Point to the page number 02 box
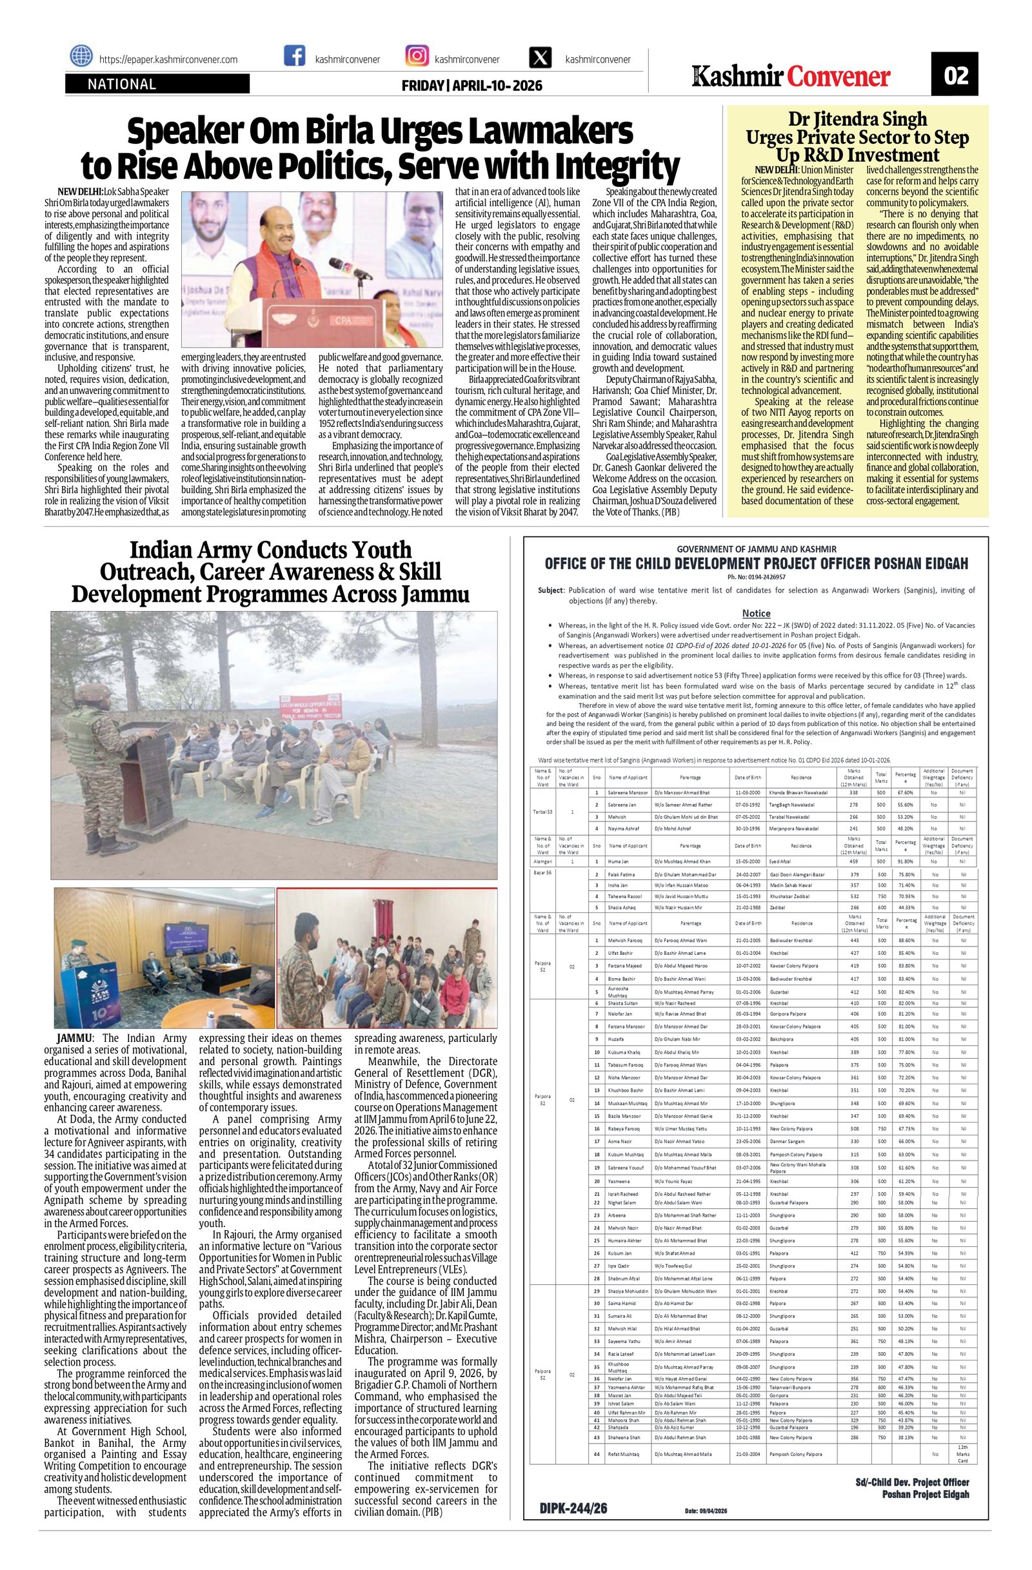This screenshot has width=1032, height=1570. tap(955, 75)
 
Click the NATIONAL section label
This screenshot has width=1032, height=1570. tap(122, 84)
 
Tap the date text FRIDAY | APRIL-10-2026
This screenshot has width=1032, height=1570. tap(471, 86)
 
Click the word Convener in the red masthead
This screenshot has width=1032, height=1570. tap(838, 77)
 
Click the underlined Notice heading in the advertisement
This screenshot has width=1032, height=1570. tap(755, 613)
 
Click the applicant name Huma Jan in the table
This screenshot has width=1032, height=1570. tap(619, 861)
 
